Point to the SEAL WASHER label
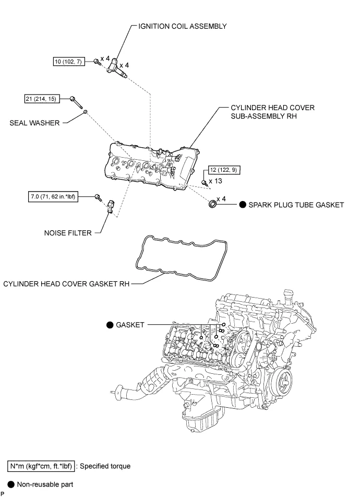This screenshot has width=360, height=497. [x=34, y=123]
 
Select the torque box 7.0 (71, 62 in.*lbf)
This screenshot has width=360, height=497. [x=53, y=197]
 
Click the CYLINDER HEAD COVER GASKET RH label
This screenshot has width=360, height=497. [x=65, y=284]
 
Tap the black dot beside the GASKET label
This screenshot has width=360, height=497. [x=110, y=324]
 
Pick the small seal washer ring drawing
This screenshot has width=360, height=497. [x=86, y=111]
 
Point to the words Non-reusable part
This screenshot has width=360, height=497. [x=45, y=484]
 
